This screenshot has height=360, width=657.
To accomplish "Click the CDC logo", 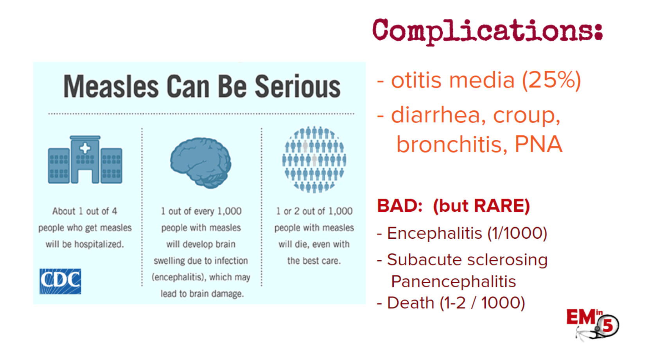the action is [60, 281].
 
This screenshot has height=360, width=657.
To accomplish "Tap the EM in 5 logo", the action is [592, 324].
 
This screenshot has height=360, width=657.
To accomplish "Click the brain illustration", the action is [201, 163].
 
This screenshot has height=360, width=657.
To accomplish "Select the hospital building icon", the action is [85, 160].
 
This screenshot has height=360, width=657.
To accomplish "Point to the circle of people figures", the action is [314, 160].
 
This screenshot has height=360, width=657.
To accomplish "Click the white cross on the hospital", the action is [85, 148].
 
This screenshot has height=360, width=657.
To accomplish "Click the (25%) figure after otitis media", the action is [551, 80].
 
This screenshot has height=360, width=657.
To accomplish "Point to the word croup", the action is [527, 116].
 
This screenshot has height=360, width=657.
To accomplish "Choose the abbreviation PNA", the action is [539, 144].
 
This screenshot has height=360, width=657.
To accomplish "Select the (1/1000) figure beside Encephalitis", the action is [517, 234].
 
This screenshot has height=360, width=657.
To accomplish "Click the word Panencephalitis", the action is [454, 282].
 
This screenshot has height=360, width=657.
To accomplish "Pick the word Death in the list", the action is [411, 303].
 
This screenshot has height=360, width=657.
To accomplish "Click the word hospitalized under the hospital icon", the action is [99, 244].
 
